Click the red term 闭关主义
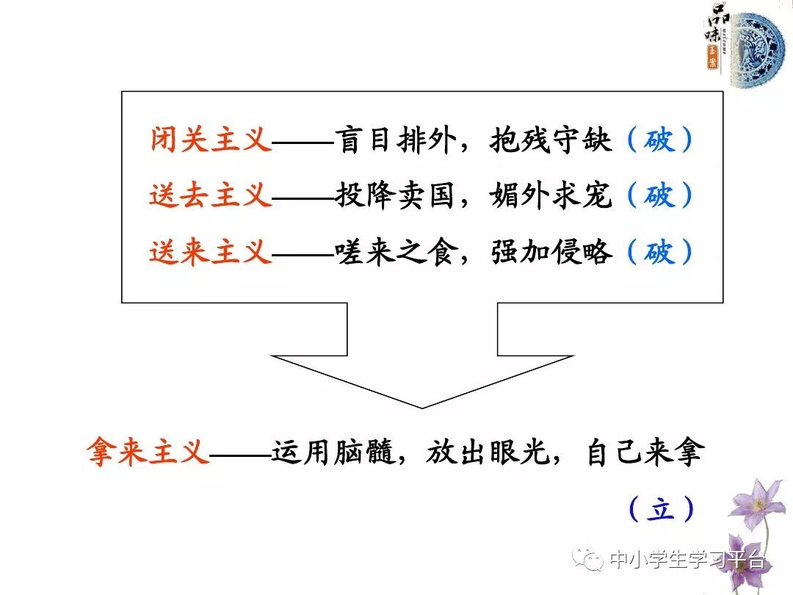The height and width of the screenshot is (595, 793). [x=211, y=140]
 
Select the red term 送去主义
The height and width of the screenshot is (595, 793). [x=211, y=196]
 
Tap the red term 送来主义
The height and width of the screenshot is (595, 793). [x=211, y=253]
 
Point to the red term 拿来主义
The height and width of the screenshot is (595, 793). [x=148, y=451]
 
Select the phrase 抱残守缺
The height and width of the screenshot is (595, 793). [x=551, y=140]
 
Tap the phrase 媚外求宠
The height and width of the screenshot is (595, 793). [x=551, y=196]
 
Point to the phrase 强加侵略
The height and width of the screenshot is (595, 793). [x=551, y=253]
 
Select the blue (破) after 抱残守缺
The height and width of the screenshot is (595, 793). [x=659, y=140]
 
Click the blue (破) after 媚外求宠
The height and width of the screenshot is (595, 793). [x=659, y=196]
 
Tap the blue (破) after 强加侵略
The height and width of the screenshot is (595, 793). [x=659, y=253]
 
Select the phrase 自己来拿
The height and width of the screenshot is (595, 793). [x=645, y=451]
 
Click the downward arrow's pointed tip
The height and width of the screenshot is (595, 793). [x=422, y=405]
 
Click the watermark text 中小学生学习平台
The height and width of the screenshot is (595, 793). [x=687, y=561]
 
